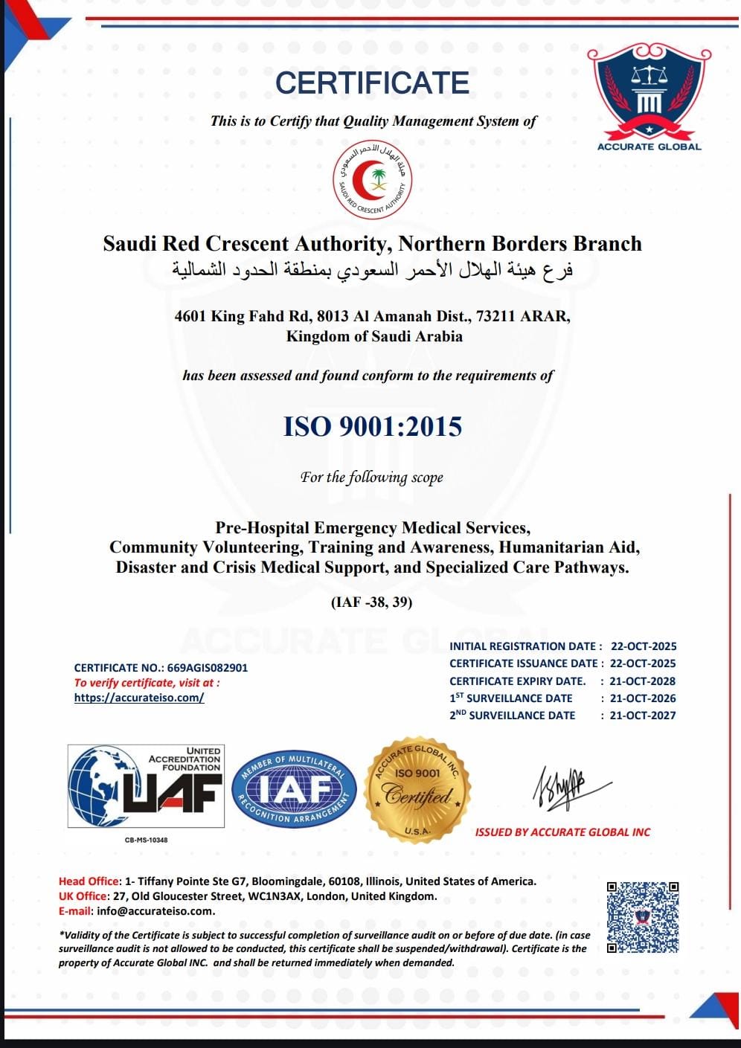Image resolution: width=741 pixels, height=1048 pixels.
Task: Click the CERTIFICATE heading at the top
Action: click(x=372, y=83)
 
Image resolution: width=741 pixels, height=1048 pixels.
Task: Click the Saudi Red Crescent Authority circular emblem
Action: click(x=372, y=179)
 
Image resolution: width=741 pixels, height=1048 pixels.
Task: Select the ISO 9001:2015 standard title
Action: click(x=373, y=426)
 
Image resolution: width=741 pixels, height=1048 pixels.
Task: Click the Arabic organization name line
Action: click(x=372, y=269)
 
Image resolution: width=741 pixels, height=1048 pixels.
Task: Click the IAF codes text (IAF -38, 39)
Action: click(x=371, y=602)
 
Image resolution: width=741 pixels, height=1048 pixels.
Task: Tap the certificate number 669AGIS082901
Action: click(x=208, y=668)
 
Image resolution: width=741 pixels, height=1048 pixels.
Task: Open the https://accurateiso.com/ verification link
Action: click(x=139, y=698)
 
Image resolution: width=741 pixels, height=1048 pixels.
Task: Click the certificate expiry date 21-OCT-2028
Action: click(x=643, y=681)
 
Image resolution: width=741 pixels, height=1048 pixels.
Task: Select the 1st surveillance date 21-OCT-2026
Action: click(x=643, y=698)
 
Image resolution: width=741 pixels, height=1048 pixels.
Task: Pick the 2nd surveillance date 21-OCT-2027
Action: click(x=643, y=715)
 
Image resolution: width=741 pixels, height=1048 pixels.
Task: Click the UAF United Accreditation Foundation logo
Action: click(x=146, y=787)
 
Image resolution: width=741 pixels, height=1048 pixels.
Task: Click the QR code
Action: click(x=643, y=917)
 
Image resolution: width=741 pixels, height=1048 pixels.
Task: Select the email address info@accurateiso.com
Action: click(x=155, y=910)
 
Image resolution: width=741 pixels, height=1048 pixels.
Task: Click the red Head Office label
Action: click(x=89, y=881)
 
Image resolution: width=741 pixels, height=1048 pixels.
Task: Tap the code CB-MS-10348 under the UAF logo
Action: click(x=146, y=840)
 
